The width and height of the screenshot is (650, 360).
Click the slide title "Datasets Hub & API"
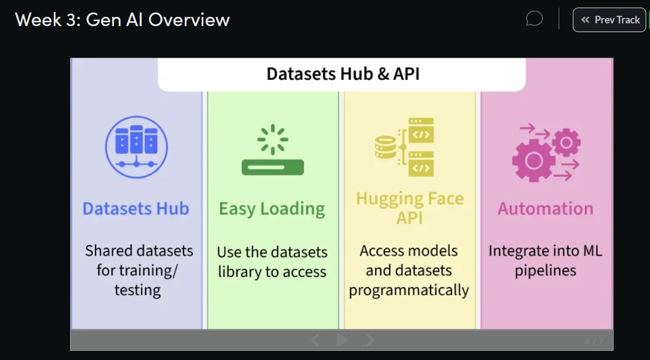tap(342, 74)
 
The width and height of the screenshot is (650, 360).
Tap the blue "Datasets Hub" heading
tap(136, 209)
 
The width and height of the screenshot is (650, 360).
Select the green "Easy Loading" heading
tap(272, 209)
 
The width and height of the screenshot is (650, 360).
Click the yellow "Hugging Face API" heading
tap(410, 208)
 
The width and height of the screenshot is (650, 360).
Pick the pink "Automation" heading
tap(546, 209)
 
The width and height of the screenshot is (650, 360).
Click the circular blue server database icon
tap(136, 147)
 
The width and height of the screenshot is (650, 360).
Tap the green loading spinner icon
tap(272, 139)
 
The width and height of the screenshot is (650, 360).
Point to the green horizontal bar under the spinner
tap(272, 167)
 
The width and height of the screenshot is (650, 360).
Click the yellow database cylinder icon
tap(386, 147)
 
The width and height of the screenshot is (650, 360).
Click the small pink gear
tap(566, 142)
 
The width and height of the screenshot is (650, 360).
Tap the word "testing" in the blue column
tap(137, 290)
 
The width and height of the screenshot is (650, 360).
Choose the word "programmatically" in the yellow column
tap(409, 290)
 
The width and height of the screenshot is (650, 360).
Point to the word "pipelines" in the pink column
tap(546, 270)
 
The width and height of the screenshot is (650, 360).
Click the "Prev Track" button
tap(609, 20)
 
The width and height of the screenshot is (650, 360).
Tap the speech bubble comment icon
tap(534, 20)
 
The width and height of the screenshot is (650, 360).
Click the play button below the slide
tap(342, 340)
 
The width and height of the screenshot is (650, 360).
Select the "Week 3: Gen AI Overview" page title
tap(123, 20)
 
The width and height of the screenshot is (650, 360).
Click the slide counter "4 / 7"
tap(594, 342)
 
